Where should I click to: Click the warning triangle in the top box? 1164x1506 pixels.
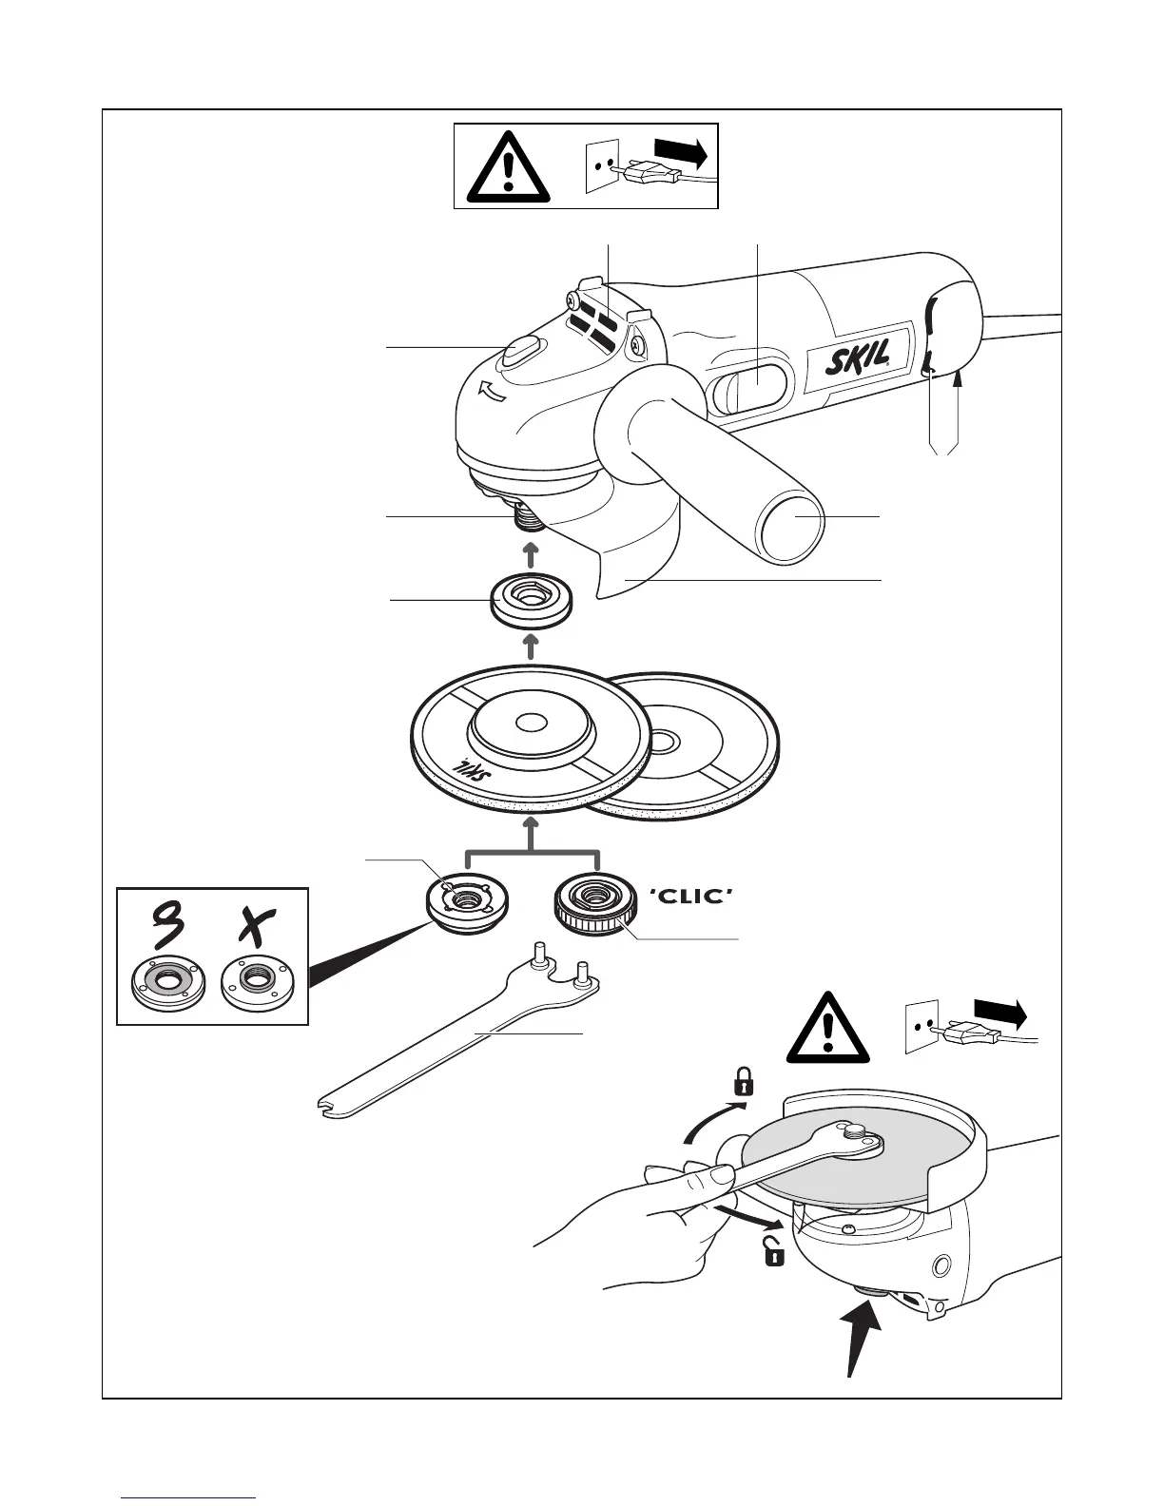510,165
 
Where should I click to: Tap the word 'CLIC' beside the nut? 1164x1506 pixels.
692,896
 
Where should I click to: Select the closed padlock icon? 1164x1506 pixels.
742,1081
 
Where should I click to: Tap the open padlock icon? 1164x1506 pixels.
775,1253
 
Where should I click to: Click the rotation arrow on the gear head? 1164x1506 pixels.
493,392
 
